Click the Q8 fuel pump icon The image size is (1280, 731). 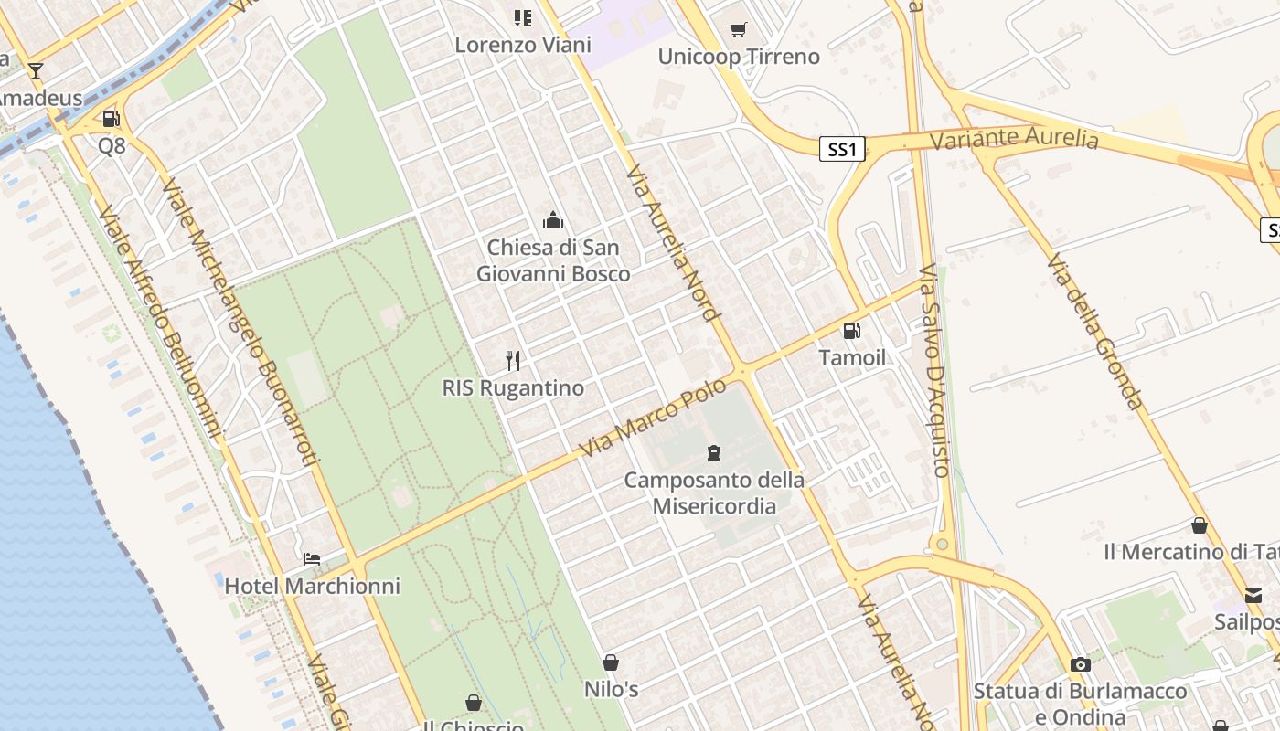(x=111, y=119)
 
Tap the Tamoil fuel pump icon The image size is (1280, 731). (x=851, y=331)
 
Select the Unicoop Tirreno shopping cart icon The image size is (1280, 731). (x=739, y=30)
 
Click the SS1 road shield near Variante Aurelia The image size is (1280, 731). (x=841, y=149)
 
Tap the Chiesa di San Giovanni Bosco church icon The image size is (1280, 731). (x=553, y=220)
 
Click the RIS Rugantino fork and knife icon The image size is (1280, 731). (x=513, y=361)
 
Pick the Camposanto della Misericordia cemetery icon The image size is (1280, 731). (x=714, y=452)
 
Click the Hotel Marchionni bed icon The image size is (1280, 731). (x=312, y=558)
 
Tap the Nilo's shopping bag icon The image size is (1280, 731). (x=611, y=662)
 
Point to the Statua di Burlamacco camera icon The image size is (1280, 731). (x=1081, y=664)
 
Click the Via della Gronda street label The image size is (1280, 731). (x=1095, y=333)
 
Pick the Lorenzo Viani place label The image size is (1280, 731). (x=523, y=44)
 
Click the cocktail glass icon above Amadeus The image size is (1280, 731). (x=36, y=71)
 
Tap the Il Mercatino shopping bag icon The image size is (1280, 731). (x=1200, y=525)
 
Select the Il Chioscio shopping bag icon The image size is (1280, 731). (x=474, y=703)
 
